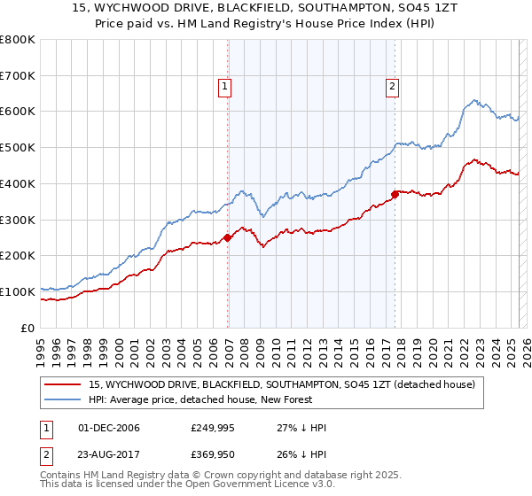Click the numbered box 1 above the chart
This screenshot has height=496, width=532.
click(x=225, y=87)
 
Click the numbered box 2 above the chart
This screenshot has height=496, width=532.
click(x=391, y=87)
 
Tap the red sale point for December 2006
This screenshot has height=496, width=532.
click(x=228, y=237)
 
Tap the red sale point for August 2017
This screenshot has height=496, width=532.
click(x=395, y=194)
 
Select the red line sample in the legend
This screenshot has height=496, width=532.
click(x=64, y=384)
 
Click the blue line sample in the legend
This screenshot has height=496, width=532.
click(x=64, y=399)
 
